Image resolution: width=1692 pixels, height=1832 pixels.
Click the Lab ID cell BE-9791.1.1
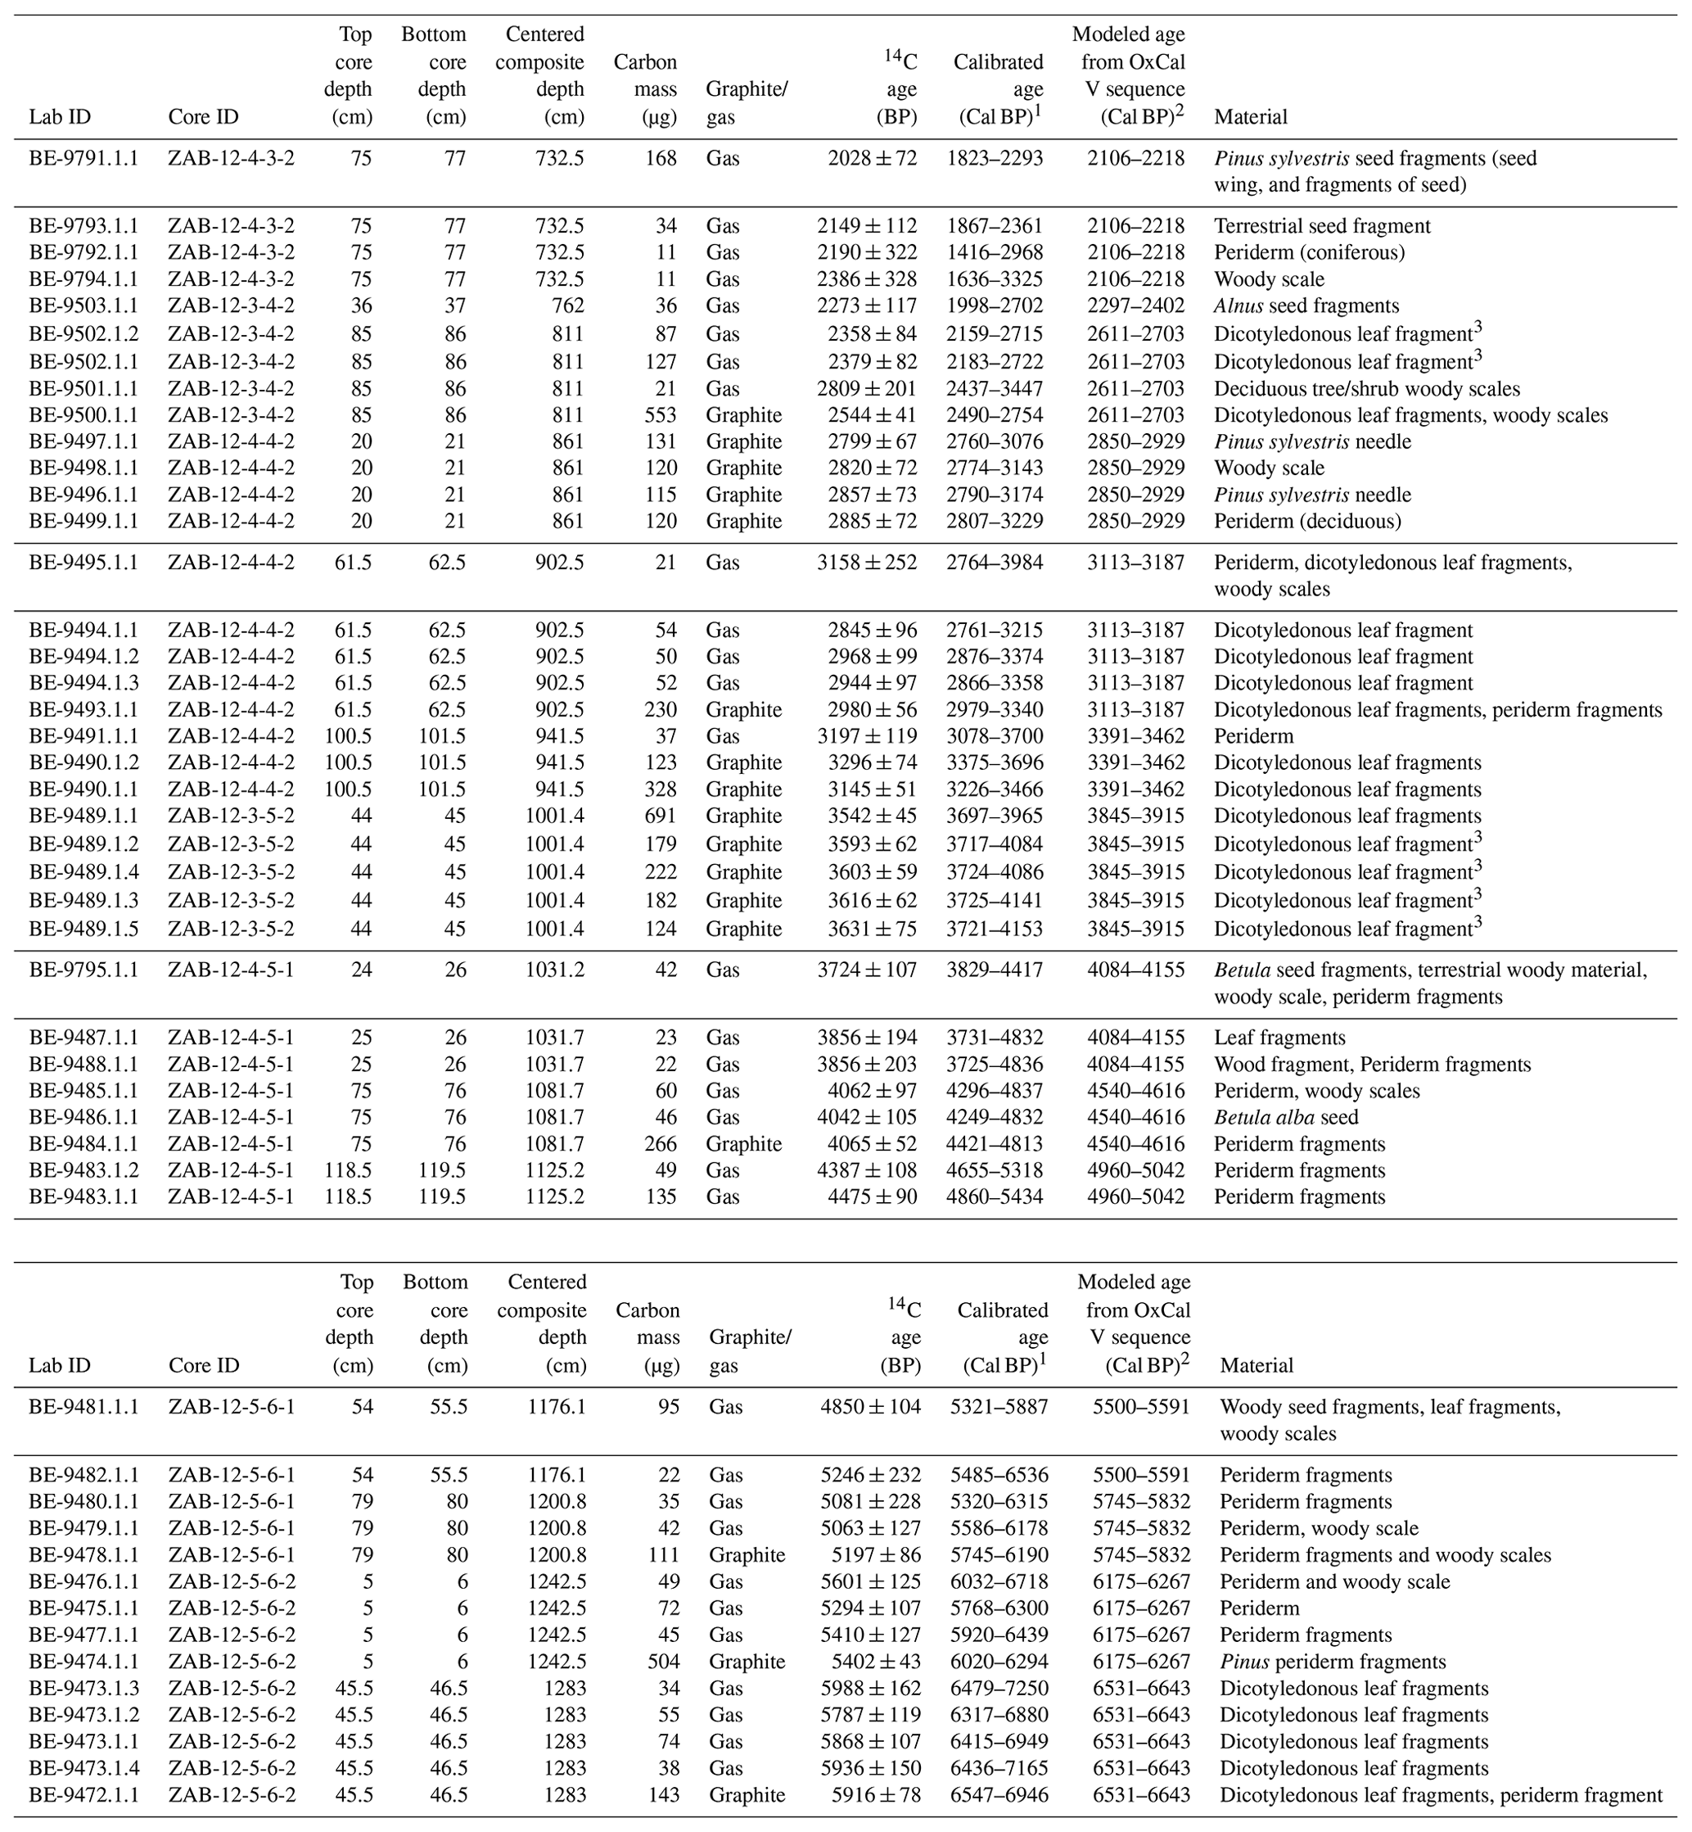(83, 159)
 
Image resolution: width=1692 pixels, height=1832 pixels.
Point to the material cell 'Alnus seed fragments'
(1306, 306)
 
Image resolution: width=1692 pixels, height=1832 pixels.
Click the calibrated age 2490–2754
(995, 415)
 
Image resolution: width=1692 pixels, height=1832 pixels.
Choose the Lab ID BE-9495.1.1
(83, 563)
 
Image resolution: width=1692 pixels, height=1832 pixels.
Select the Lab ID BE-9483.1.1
(83, 1197)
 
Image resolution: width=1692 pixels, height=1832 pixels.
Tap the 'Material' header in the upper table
(1250, 117)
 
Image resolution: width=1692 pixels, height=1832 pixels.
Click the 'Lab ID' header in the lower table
(60, 1366)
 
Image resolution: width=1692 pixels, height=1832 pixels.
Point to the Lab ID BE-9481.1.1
(83, 1407)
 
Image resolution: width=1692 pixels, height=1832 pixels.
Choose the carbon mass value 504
(662, 1662)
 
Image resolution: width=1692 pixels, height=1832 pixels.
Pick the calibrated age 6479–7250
(999, 1688)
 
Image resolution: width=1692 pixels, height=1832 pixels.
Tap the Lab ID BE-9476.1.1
(83, 1582)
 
